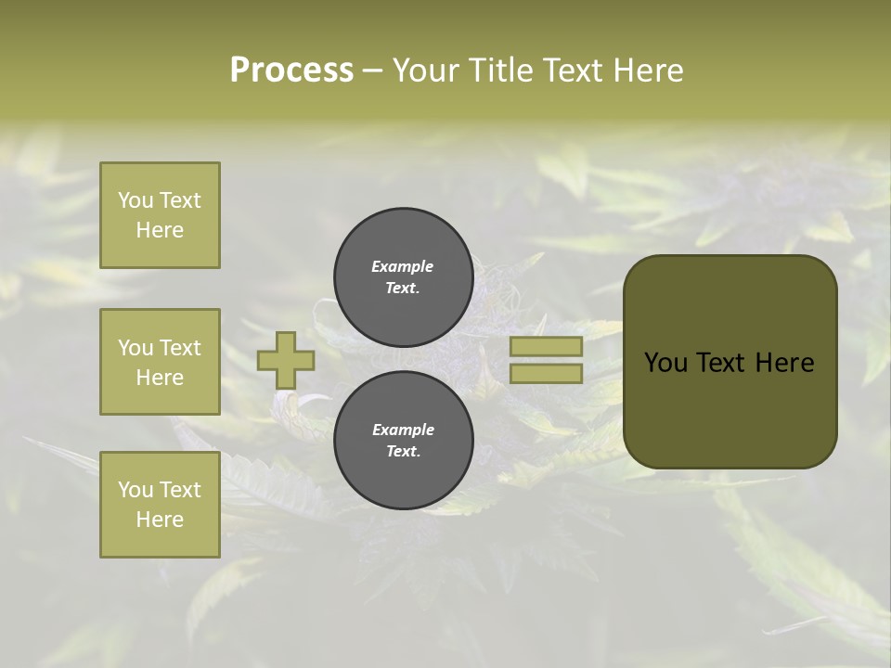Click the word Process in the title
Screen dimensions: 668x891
[291, 71]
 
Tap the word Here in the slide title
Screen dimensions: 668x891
[646, 71]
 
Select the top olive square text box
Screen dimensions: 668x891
[160, 215]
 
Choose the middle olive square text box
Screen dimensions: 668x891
[160, 362]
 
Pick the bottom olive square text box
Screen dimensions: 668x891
[160, 504]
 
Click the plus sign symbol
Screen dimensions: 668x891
[286, 361]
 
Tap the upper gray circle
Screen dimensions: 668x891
[404, 276]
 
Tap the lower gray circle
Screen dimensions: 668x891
[404, 440]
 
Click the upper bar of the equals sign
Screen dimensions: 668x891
[546, 347]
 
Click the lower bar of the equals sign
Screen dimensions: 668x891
[546, 373]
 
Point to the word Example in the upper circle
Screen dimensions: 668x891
[403, 266]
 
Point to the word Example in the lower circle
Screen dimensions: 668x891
[403, 430]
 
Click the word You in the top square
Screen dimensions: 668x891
[136, 200]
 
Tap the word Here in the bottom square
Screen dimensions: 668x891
[160, 520]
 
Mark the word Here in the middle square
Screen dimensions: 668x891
[160, 378]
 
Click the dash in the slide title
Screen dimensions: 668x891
[372, 71]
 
